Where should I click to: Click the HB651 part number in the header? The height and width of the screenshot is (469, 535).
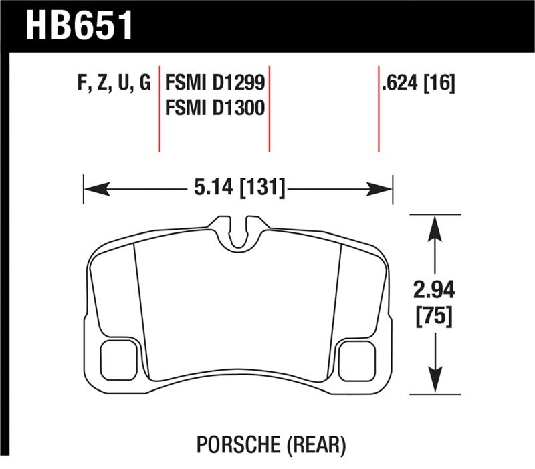79,25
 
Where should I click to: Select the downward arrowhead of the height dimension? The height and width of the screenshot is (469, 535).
435,381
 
